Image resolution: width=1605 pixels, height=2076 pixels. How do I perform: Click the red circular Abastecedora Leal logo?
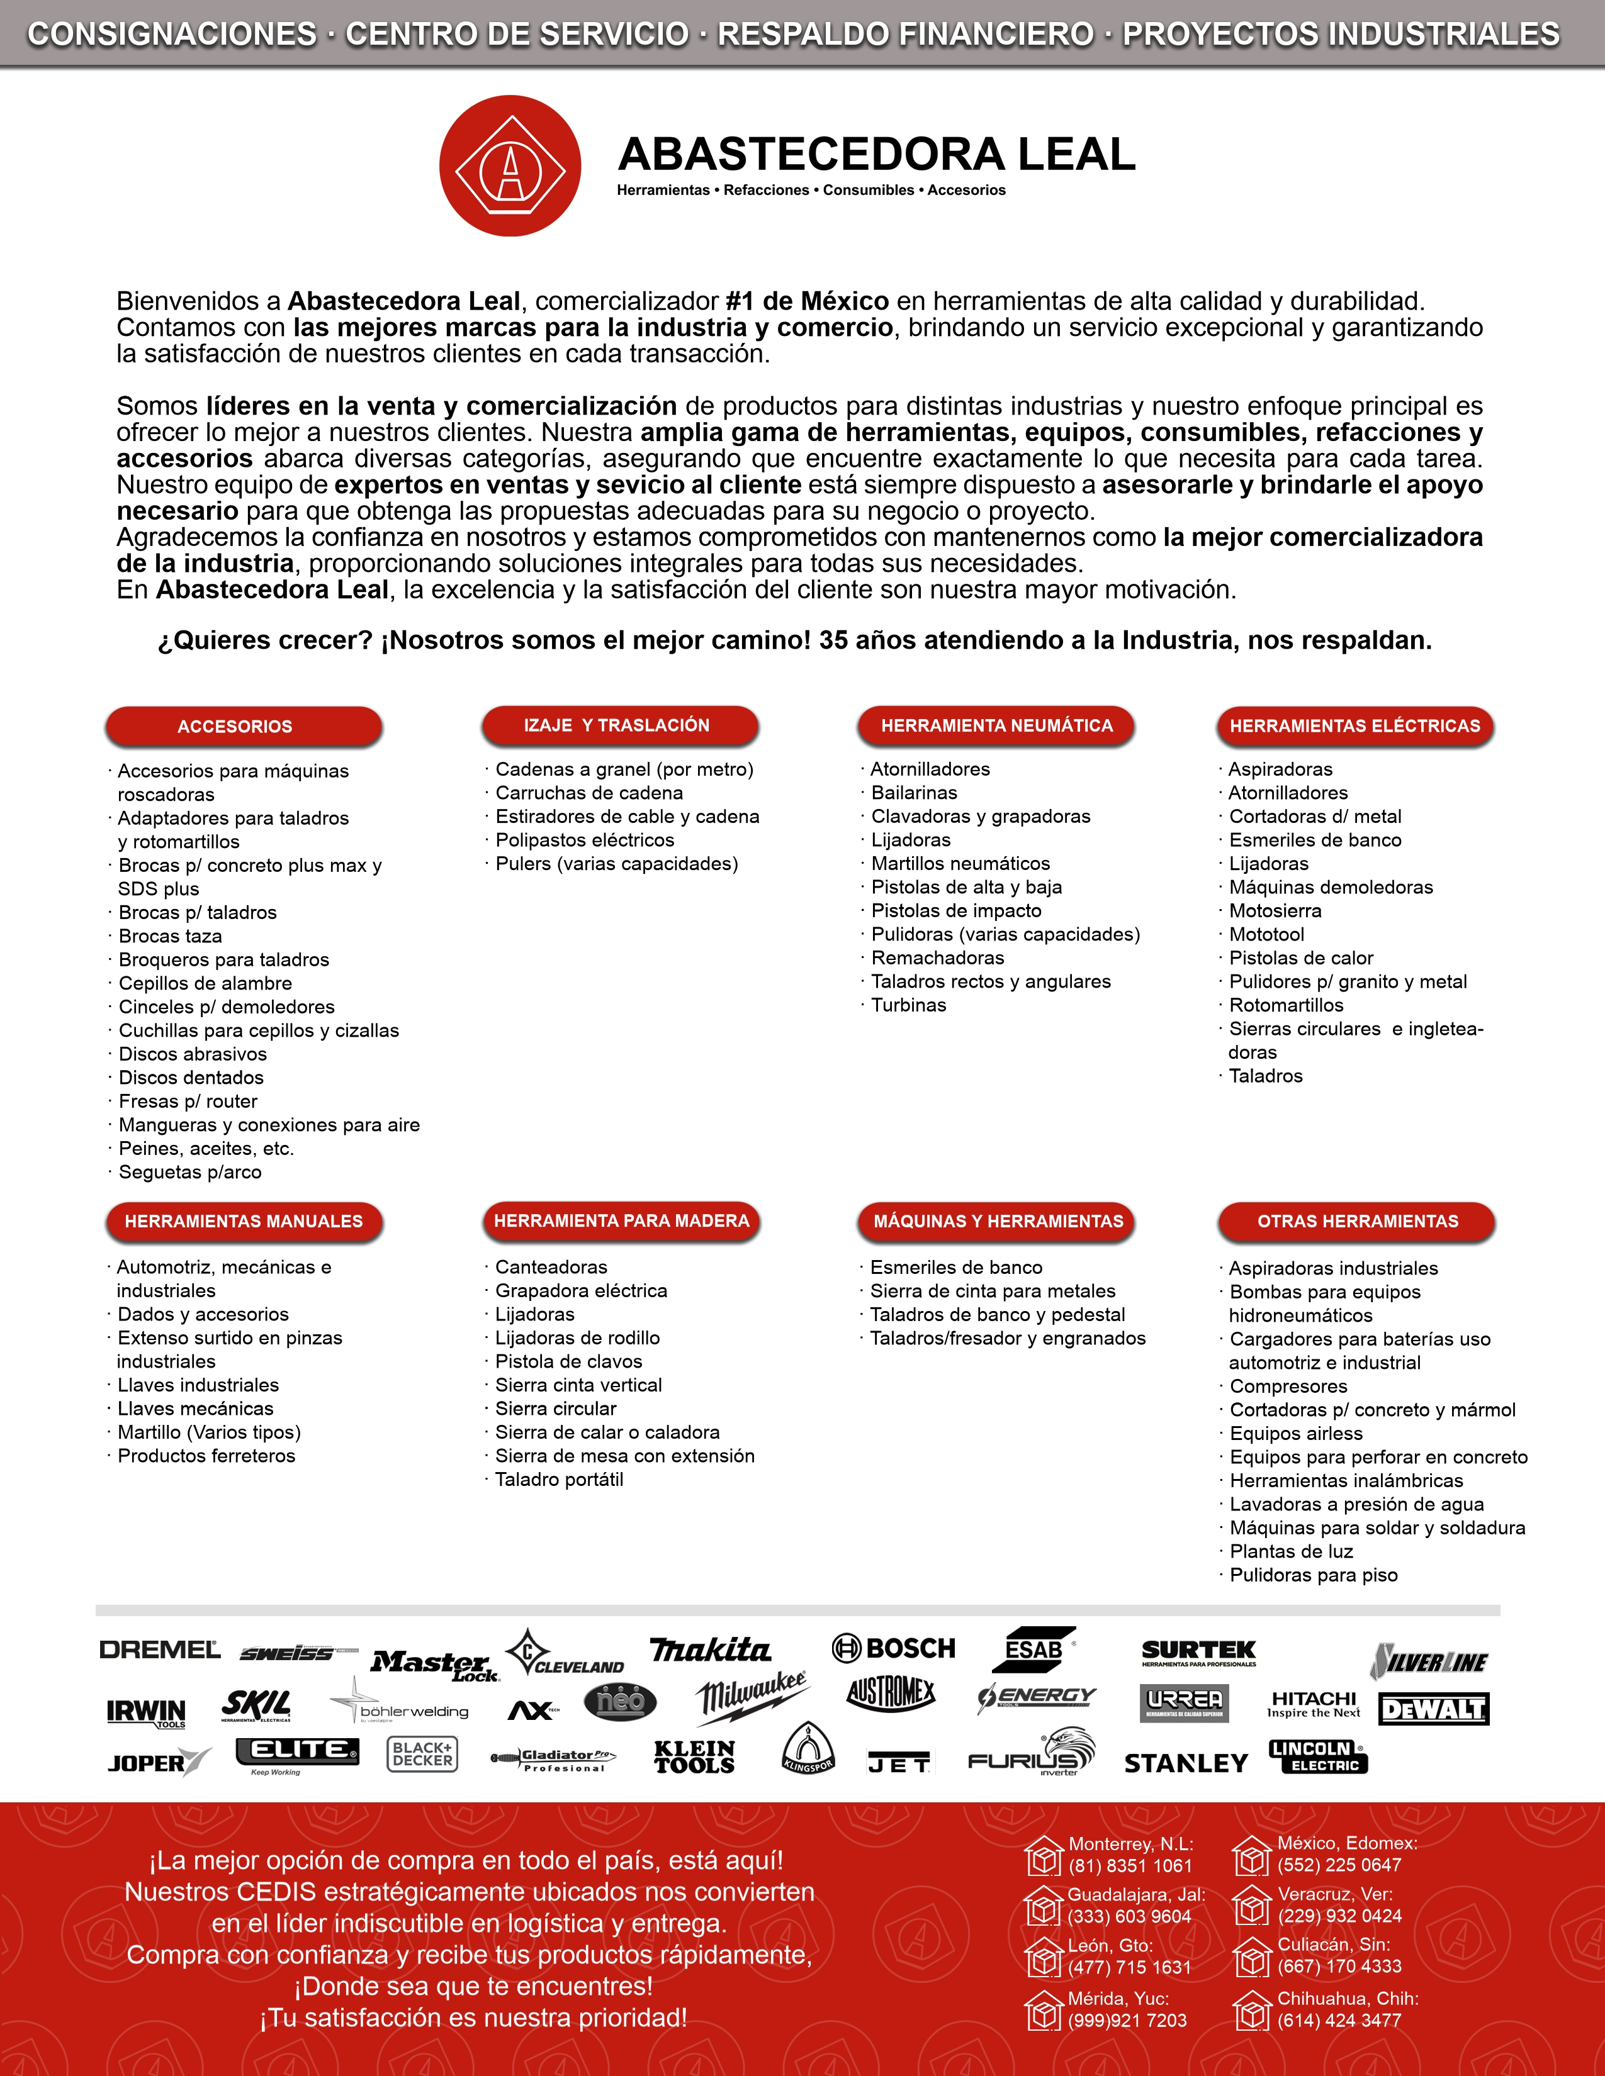pos(510,166)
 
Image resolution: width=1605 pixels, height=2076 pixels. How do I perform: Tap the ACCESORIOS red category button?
pos(244,726)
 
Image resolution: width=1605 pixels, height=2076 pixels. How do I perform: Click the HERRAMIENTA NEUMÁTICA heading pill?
pos(996,725)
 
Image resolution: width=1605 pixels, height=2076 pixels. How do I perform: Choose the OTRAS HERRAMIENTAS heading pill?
pos(1357,1222)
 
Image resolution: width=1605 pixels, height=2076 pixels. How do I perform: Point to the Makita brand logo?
pos(710,1650)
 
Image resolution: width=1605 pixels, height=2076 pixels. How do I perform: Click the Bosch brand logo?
pos(894,1648)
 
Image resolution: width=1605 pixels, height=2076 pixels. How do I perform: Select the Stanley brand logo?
pos(1186,1763)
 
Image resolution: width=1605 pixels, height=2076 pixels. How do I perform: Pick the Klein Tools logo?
pos(694,1758)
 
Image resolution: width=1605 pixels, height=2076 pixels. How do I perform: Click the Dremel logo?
pos(160,1650)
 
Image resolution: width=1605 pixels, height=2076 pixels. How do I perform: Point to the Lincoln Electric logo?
pos(1318,1756)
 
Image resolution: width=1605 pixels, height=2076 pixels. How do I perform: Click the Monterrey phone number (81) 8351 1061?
pos(1130,1866)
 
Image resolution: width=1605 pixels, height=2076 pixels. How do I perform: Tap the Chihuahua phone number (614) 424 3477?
pos(1339,2020)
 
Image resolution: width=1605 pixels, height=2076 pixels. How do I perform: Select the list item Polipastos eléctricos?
pos(585,840)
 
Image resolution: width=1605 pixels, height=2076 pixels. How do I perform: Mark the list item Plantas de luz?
pos(1291,1551)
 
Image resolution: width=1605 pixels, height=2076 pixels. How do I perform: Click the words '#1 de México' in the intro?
pos(808,301)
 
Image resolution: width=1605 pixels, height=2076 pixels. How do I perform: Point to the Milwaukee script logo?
pos(751,1698)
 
